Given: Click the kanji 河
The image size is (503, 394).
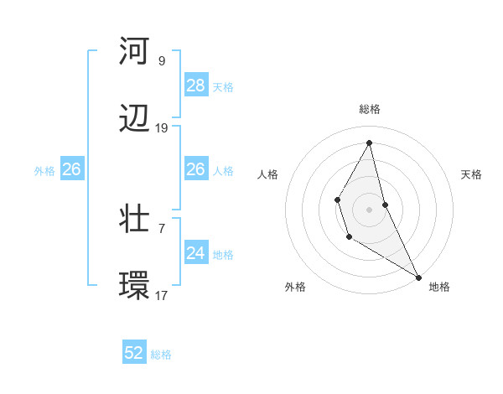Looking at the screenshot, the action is tap(135, 51).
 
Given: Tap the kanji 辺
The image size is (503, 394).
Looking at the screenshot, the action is tap(135, 120).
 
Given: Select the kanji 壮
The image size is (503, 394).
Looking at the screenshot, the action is tap(135, 220).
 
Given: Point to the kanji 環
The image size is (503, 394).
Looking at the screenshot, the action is tap(135, 287).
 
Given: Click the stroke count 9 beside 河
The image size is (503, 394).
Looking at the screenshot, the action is tap(161, 60).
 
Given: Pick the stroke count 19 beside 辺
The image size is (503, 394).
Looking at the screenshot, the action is tap(161, 128).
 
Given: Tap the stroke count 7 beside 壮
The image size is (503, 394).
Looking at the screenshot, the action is tap(161, 228).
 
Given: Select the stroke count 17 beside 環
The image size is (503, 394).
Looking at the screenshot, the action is tap(161, 296).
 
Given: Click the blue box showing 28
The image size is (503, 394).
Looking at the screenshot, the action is tap(196, 86).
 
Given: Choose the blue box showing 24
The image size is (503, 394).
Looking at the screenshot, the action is tap(196, 253).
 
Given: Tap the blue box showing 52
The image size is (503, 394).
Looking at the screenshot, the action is tap(134, 354).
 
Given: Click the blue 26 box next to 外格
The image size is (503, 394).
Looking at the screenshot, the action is tap(71, 169).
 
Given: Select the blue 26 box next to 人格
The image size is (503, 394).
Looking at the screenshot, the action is tap(196, 169).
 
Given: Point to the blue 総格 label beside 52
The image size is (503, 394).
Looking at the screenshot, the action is tap(161, 355).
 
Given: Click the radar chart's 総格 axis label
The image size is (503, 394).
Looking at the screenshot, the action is tap(370, 109).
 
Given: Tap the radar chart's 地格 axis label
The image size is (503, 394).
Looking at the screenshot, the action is tap(439, 287).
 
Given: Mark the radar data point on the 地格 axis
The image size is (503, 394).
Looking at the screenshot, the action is tap(418, 277).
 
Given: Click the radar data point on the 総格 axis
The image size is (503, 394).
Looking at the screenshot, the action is tap(370, 142).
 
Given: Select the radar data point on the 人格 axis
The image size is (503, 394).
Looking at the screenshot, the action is tap(337, 200).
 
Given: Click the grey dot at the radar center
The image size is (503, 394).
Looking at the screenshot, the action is tap(370, 208).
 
